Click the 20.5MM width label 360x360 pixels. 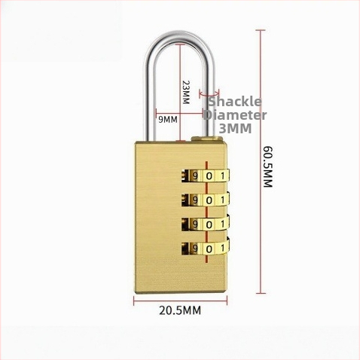coord(180,310)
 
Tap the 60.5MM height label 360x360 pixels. coord(267,166)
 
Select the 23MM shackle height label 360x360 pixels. coord(186,93)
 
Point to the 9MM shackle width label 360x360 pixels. coord(168,120)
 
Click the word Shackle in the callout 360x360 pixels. coord(235,102)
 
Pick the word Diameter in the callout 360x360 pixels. coord(235,115)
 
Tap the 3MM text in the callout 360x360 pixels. coord(235,128)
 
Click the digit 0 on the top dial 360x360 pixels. coord(209,176)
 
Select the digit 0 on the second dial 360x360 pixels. coord(209,200)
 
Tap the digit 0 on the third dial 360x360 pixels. coord(209,224)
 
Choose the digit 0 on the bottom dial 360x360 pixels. coord(209,249)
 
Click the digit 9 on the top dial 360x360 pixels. coord(195,176)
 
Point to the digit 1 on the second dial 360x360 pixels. coord(222,200)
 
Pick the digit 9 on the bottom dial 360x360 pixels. coord(195,249)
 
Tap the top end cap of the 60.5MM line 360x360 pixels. coord(261,30)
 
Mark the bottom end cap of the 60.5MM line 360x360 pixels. coord(261,293)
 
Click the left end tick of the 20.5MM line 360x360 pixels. coord(134,301)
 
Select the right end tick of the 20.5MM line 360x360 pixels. coord(227,301)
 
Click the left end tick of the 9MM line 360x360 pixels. coord(156,114)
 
